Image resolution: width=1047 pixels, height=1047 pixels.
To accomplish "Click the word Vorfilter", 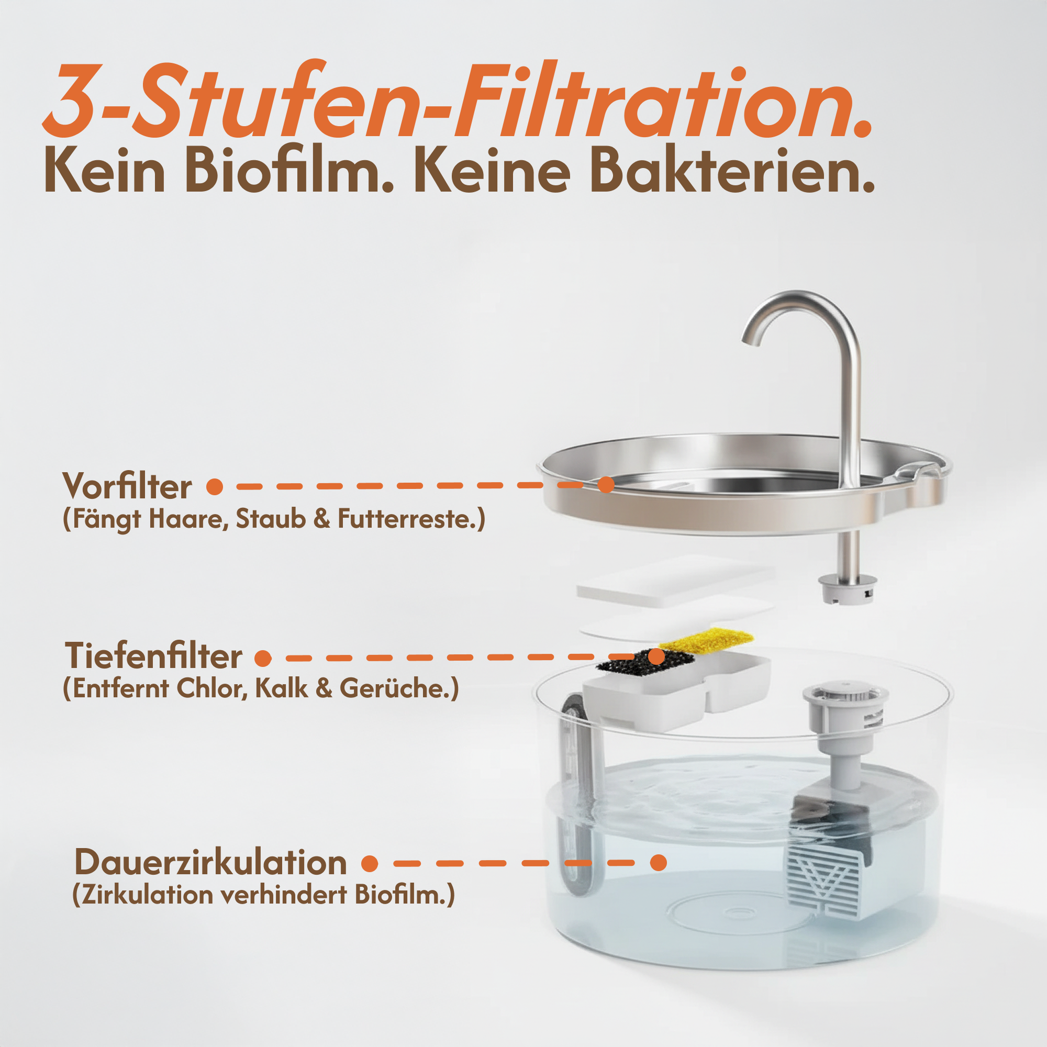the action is pyautogui.click(x=127, y=486).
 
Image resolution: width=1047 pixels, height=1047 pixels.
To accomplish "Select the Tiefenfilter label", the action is pyautogui.click(x=153, y=656).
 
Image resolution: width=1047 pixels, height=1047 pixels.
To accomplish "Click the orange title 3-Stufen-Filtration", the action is pyautogui.click(x=458, y=101).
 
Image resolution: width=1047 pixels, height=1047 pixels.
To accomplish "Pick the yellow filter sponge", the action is pyautogui.click(x=707, y=640).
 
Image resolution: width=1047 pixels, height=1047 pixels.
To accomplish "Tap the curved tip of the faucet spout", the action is pyautogui.click(x=751, y=339).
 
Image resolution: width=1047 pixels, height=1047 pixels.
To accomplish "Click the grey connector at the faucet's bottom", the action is pyautogui.click(x=847, y=589).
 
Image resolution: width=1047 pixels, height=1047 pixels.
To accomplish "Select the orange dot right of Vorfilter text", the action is pyautogui.click(x=215, y=486).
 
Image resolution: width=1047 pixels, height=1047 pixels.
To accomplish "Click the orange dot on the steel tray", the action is pyautogui.click(x=605, y=484).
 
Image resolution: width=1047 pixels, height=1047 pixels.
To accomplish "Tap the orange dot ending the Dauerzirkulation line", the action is pyautogui.click(x=658, y=862).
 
